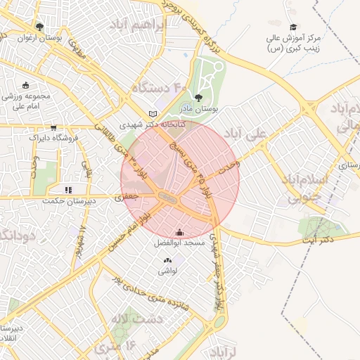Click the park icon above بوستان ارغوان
point(39,27)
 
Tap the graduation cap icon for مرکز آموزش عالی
point(293,27)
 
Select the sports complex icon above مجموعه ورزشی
point(26,85)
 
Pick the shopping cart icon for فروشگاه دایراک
point(53,128)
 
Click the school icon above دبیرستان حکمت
point(68,190)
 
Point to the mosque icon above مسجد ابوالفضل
point(179,233)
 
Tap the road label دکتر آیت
point(316,240)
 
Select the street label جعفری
point(129,199)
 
